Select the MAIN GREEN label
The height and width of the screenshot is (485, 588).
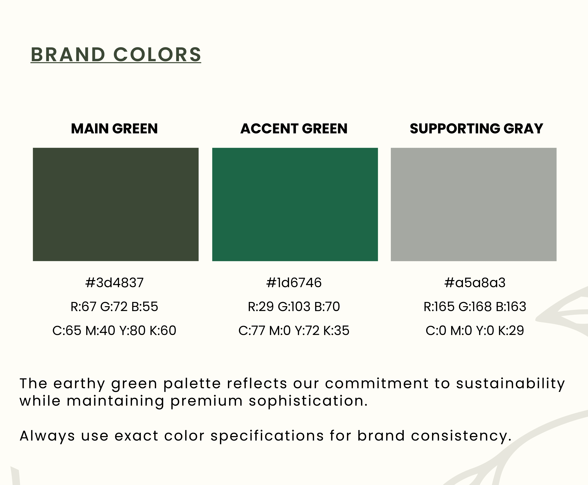(x=114, y=129)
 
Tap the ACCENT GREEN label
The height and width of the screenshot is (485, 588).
(x=294, y=129)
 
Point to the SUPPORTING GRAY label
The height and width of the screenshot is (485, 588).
(x=476, y=129)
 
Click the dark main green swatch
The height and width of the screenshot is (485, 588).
(x=116, y=205)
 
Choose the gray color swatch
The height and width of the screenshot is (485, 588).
(x=474, y=205)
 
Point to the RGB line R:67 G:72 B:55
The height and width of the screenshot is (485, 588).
(x=114, y=307)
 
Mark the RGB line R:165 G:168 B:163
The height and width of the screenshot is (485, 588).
(x=475, y=307)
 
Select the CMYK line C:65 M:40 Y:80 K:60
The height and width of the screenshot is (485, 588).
(x=114, y=331)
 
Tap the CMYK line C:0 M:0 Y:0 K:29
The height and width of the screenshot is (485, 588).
(x=475, y=331)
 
